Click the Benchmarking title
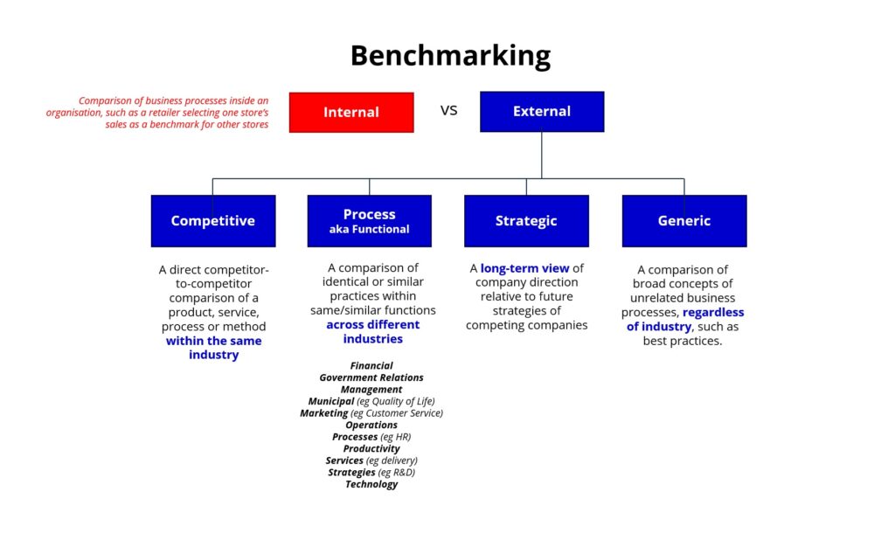(x=450, y=56)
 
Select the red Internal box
(x=351, y=113)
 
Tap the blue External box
(x=542, y=112)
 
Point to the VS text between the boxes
(x=448, y=111)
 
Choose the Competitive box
(x=213, y=221)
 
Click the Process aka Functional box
(x=370, y=221)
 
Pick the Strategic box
(x=526, y=221)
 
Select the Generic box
(x=684, y=221)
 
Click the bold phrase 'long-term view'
(x=524, y=268)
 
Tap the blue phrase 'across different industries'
(x=372, y=331)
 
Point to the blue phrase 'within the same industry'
(x=214, y=348)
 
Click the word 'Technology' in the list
(x=371, y=484)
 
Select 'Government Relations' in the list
(x=371, y=377)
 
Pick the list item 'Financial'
(x=371, y=366)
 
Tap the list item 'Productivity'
(x=371, y=448)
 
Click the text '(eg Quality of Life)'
(x=396, y=401)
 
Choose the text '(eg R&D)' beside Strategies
(x=396, y=473)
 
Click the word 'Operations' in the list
(x=371, y=426)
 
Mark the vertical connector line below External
(x=542, y=156)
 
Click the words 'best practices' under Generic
(x=682, y=342)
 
